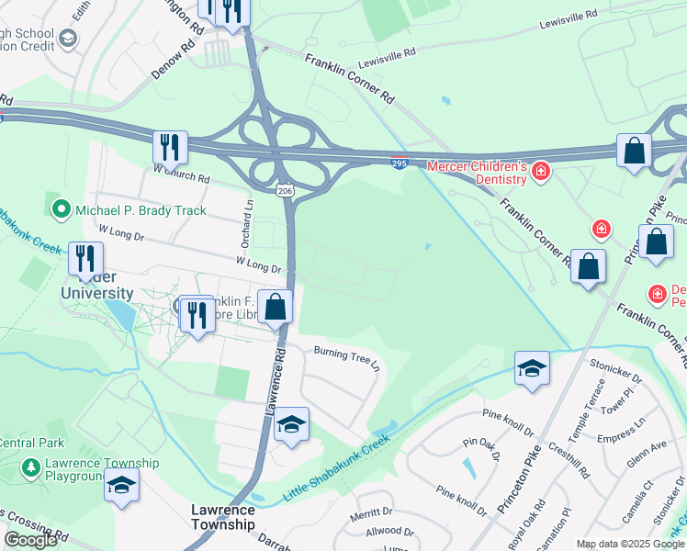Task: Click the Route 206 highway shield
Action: coord(287,190)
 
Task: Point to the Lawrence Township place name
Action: coord(222,516)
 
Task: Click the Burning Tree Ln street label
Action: coord(346,356)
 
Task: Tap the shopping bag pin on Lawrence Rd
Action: coord(275,308)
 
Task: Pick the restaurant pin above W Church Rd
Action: coord(170,147)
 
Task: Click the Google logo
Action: coord(30,540)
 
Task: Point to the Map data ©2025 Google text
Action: coord(630,544)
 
